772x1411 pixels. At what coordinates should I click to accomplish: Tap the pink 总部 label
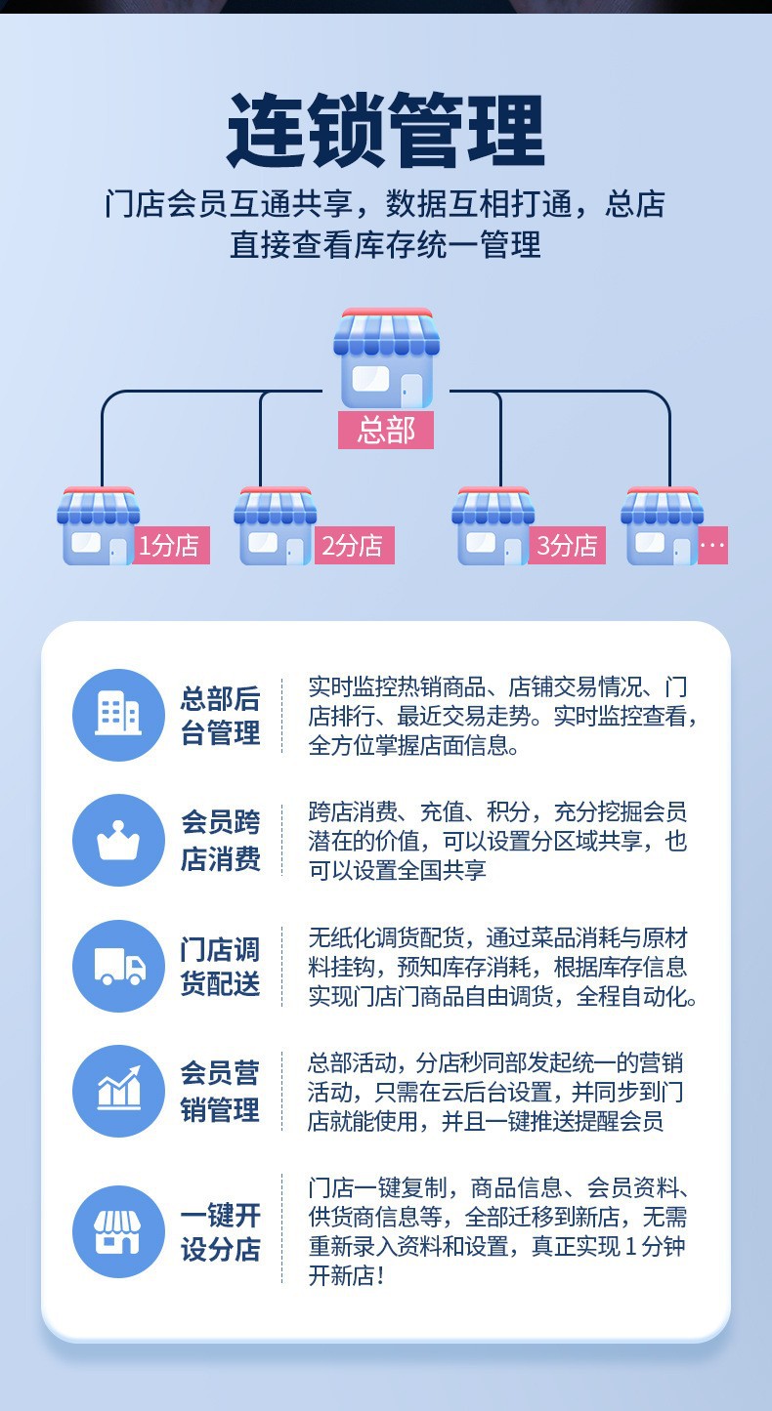(x=386, y=430)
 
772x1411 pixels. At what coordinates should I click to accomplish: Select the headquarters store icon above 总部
(x=386, y=359)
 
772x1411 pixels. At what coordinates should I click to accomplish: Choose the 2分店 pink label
(x=353, y=545)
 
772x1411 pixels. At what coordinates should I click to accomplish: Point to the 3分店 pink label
(x=568, y=545)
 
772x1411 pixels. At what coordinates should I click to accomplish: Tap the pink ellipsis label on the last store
(x=712, y=545)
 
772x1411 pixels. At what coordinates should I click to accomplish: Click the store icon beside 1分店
(x=97, y=527)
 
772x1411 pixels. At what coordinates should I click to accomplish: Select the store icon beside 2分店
(x=275, y=527)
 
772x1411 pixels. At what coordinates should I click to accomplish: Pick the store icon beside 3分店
(x=493, y=527)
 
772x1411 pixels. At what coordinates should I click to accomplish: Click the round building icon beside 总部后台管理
(x=118, y=715)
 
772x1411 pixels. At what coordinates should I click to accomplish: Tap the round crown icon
(x=118, y=840)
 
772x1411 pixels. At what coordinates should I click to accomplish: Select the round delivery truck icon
(x=118, y=966)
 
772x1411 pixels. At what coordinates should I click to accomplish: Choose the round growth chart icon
(x=118, y=1091)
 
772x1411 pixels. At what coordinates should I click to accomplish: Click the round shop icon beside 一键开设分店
(x=118, y=1231)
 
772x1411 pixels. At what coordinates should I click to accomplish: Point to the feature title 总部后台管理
(x=220, y=715)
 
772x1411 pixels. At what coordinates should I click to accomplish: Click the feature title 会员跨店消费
(x=220, y=840)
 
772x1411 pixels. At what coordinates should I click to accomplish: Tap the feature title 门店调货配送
(x=220, y=966)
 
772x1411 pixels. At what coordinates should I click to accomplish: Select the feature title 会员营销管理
(x=220, y=1091)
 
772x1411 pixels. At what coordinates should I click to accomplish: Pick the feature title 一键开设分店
(x=220, y=1231)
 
